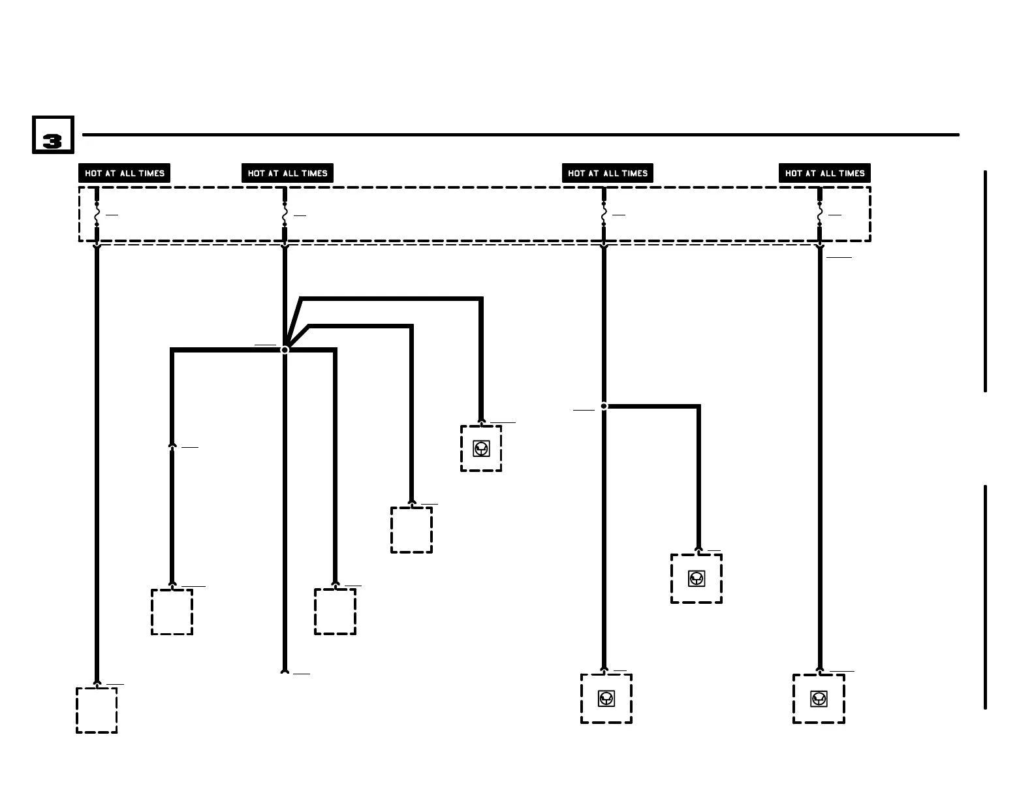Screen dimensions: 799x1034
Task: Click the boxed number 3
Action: coord(53,135)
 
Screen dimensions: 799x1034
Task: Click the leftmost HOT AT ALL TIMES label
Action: coord(124,173)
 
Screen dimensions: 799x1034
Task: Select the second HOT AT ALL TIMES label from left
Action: coord(287,173)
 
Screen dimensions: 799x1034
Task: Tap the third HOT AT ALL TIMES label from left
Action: coord(607,173)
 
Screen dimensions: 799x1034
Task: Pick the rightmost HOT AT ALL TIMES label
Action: coord(824,173)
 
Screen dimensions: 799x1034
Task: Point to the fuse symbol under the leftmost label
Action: coord(97,214)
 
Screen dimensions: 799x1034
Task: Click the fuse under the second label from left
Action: coord(285,214)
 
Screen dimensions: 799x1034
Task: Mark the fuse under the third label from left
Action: coord(604,214)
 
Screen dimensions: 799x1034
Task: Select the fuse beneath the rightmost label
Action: coord(820,214)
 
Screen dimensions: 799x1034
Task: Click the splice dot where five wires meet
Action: coord(285,350)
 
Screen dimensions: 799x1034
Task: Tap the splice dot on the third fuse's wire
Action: coord(604,406)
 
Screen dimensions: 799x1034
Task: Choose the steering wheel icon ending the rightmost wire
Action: coord(819,698)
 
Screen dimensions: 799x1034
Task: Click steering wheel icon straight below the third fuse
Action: coord(606,698)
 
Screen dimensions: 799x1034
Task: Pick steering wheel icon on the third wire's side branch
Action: coord(697,578)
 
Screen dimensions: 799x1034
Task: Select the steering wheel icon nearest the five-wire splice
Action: coord(481,448)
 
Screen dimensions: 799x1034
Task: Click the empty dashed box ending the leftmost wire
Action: coord(97,710)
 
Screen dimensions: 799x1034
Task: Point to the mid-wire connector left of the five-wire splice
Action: coord(172,446)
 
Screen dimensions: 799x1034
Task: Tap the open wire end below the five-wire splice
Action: coord(285,670)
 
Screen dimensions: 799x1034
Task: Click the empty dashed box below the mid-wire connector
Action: coord(172,612)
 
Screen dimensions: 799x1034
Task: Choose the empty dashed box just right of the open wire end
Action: coord(335,611)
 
